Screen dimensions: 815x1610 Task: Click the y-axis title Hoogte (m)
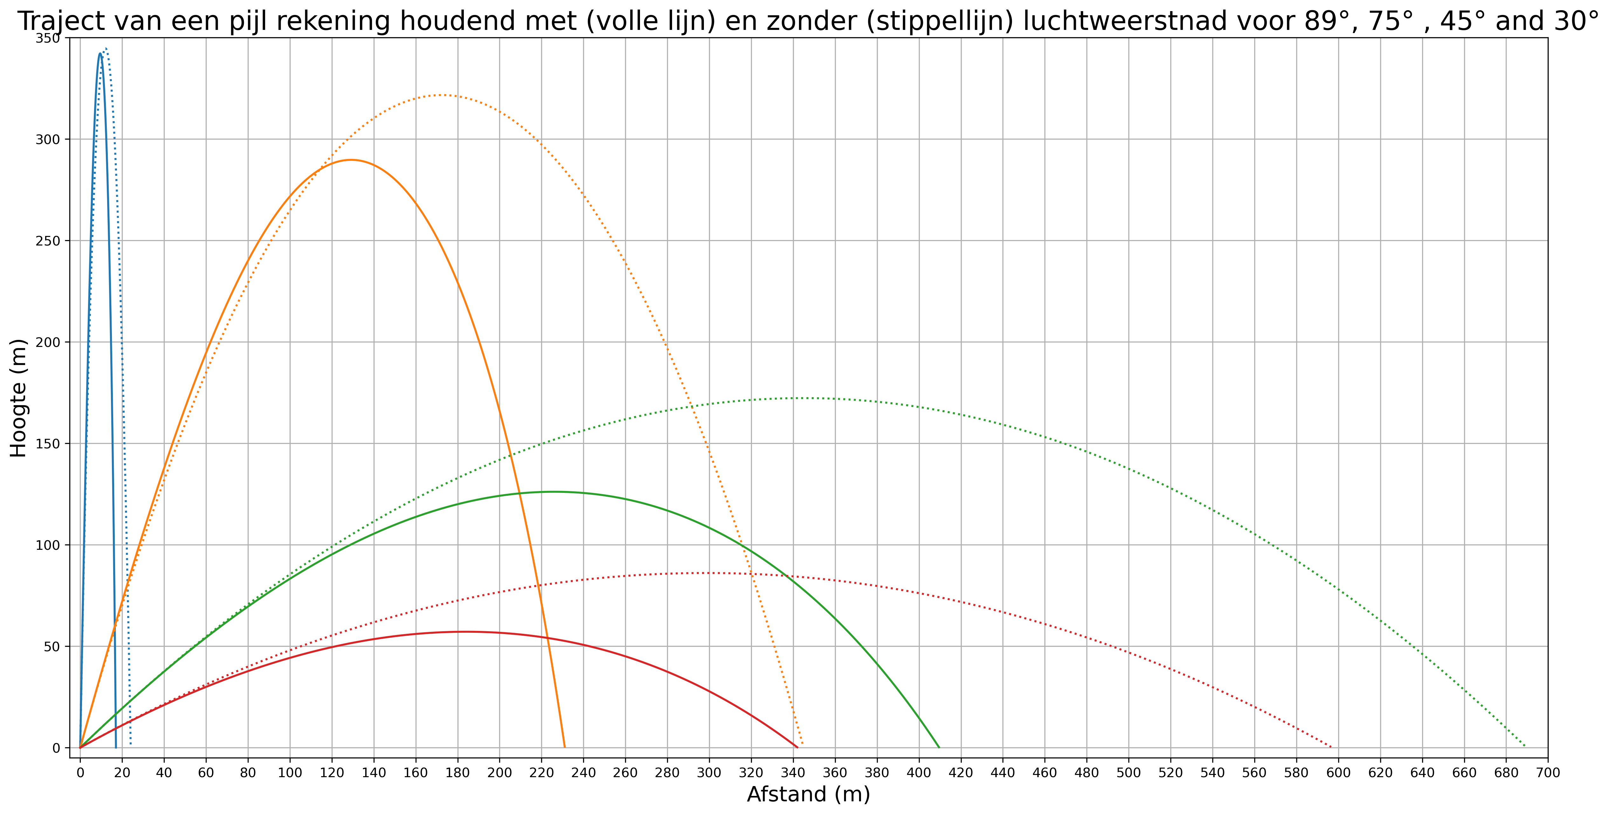tap(19, 398)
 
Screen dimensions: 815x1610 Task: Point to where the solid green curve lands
tap(939, 747)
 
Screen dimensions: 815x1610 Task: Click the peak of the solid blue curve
tap(100, 54)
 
